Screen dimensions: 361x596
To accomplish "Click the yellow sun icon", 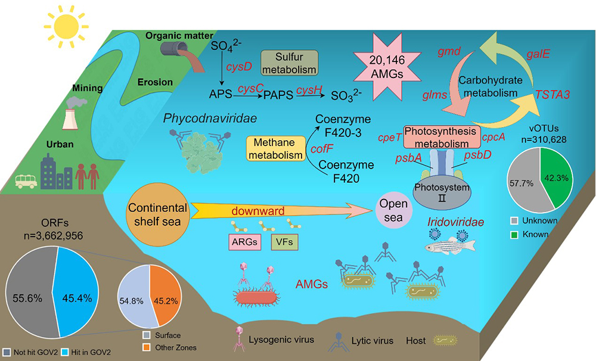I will pyautogui.click(x=66, y=27).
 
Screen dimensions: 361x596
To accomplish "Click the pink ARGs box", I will pyautogui.click(x=245, y=242).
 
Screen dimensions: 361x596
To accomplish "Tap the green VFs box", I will pyautogui.click(x=285, y=242).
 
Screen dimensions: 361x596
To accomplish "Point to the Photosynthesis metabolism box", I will pyautogui.click(x=443, y=136).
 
